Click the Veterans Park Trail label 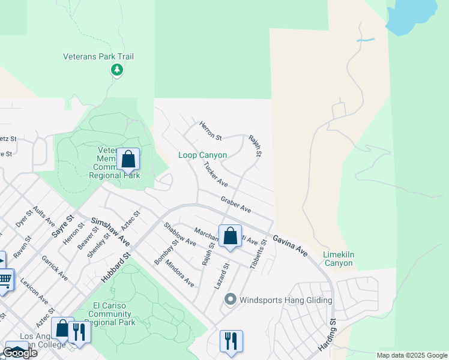click(x=98, y=57)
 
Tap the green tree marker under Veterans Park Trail click(x=117, y=71)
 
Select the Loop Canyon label click(x=203, y=155)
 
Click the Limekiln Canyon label click(x=339, y=259)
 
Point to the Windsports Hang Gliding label click(x=286, y=300)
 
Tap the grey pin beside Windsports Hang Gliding click(x=229, y=299)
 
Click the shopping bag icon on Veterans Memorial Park click(x=128, y=160)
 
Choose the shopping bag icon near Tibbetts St click(x=230, y=236)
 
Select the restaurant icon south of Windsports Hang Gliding click(x=231, y=341)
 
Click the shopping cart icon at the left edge click(x=5, y=279)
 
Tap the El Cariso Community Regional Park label click(x=113, y=314)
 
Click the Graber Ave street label click(x=235, y=204)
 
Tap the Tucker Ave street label click(x=215, y=174)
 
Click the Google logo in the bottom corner click(x=20, y=353)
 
